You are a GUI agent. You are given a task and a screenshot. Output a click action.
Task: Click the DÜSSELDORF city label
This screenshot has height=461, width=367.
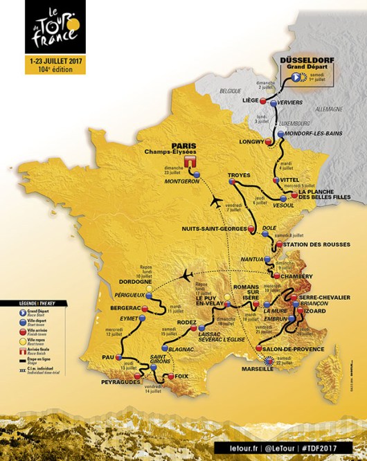tap(307, 60)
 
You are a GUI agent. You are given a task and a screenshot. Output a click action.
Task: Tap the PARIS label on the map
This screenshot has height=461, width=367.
tap(180, 146)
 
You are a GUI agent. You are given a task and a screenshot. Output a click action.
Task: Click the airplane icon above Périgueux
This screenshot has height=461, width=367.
tap(185, 275)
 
